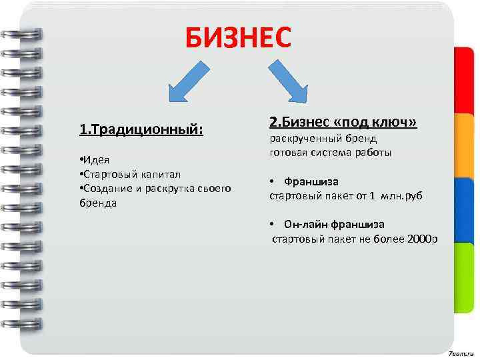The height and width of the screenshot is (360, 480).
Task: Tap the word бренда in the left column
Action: [97, 202]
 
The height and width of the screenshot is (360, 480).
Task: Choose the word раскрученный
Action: [305, 138]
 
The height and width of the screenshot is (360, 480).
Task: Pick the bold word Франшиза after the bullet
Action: [311, 181]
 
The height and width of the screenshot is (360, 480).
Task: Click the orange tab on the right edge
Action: [465, 143]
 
